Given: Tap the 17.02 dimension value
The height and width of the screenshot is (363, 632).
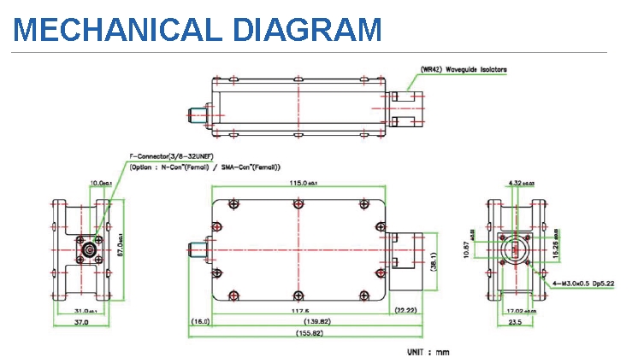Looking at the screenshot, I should (515, 310).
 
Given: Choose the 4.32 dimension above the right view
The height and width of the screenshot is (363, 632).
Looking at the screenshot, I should (518, 183).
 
